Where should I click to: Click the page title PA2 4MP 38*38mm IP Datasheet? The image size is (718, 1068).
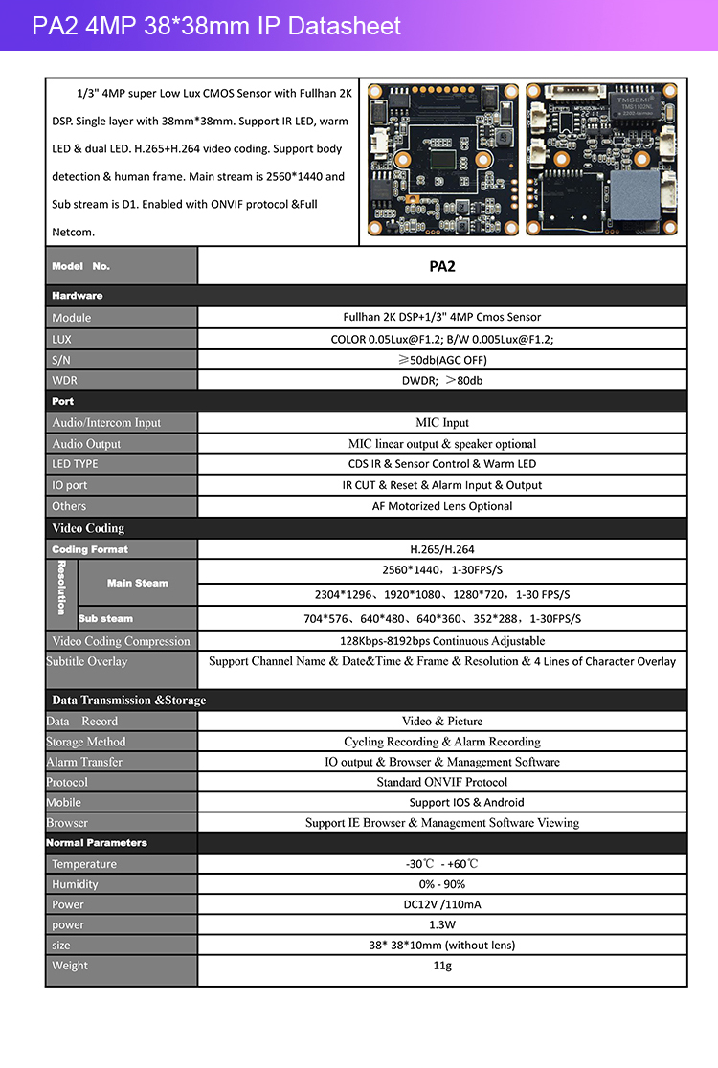(x=216, y=26)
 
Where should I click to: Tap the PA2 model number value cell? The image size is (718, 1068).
(x=441, y=266)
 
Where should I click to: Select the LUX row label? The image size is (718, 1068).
(x=61, y=339)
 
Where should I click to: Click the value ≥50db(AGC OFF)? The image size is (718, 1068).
(x=441, y=360)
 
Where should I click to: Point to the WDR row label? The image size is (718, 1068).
(x=65, y=380)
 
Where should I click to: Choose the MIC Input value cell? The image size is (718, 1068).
(x=441, y=422)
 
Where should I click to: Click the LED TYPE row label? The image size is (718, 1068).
(x=75, y=464)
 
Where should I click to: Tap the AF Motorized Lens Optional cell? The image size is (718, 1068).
(x=441, y=506)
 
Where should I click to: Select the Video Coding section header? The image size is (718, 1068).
(x=88, y=528)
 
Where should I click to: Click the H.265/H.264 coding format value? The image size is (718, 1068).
(x=441, y=549)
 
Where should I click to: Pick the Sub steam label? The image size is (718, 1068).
(x=105, y=618)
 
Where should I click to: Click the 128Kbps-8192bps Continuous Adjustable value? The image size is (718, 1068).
(x=441, y=641)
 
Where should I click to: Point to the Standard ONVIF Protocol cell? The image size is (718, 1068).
(x=441, y=782)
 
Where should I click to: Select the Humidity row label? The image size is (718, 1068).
(x=75, y=884)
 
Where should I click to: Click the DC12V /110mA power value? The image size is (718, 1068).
(x=441, y=904)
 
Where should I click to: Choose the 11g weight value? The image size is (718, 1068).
(x=441, y=966)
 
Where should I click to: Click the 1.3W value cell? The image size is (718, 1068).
(x=441, y=924)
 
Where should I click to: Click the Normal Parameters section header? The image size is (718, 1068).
(x=97, y=843)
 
